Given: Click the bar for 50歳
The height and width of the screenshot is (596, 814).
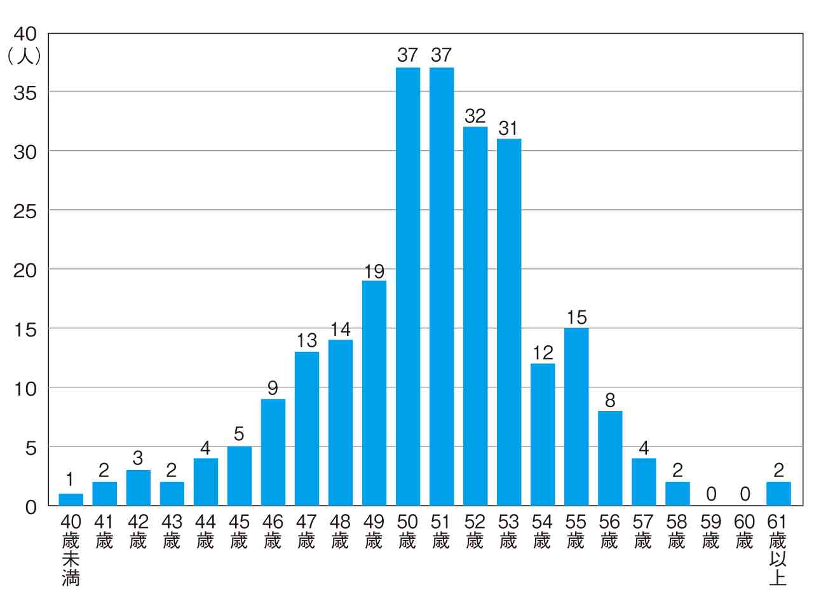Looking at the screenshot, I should (x=407, y=286).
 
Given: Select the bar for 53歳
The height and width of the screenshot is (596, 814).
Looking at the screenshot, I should (x=508, y=322).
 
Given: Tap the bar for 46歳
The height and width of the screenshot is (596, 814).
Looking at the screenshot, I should (x=273, y=452).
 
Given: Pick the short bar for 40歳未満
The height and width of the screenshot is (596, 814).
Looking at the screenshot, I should (x=71, y=500).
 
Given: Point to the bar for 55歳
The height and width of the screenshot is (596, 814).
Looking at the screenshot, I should (x=576, y=417).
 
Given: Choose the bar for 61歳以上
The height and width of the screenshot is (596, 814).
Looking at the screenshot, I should (x=778, y=494).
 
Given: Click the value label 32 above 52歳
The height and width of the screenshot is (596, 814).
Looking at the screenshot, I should (x=475, y=116).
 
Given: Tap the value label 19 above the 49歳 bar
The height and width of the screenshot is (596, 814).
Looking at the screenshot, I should (x=374, y=270).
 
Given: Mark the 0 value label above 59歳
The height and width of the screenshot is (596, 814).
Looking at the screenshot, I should (x=711, y=494).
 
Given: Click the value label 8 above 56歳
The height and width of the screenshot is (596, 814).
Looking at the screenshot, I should (x=609, y=401).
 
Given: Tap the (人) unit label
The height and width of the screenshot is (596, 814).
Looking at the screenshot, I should (x=24, y=57).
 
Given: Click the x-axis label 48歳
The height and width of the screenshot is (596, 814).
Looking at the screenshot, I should (x=340, y=532).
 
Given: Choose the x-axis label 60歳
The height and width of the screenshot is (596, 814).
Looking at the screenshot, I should (x=745, y=532).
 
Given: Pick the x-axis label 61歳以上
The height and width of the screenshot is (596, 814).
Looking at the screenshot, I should (x=778, y=550).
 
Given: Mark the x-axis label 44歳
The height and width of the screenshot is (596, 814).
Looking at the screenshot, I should (x=205, y=532).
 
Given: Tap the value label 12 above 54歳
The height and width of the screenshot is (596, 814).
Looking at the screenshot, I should (x=542, y=353).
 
